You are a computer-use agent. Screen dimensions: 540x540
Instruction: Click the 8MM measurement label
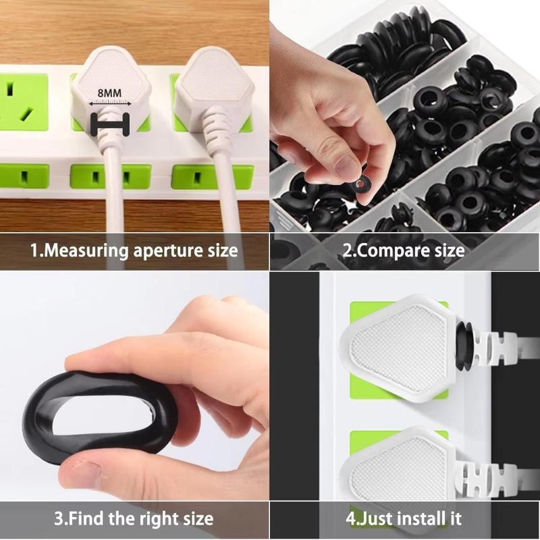point(109,92)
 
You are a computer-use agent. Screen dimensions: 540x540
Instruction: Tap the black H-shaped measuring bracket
point(110,124)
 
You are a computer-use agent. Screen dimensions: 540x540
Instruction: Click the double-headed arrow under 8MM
point(110,103)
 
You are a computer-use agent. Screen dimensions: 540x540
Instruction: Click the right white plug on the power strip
point(214,90)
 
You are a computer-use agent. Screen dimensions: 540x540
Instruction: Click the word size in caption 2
point(449,251)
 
